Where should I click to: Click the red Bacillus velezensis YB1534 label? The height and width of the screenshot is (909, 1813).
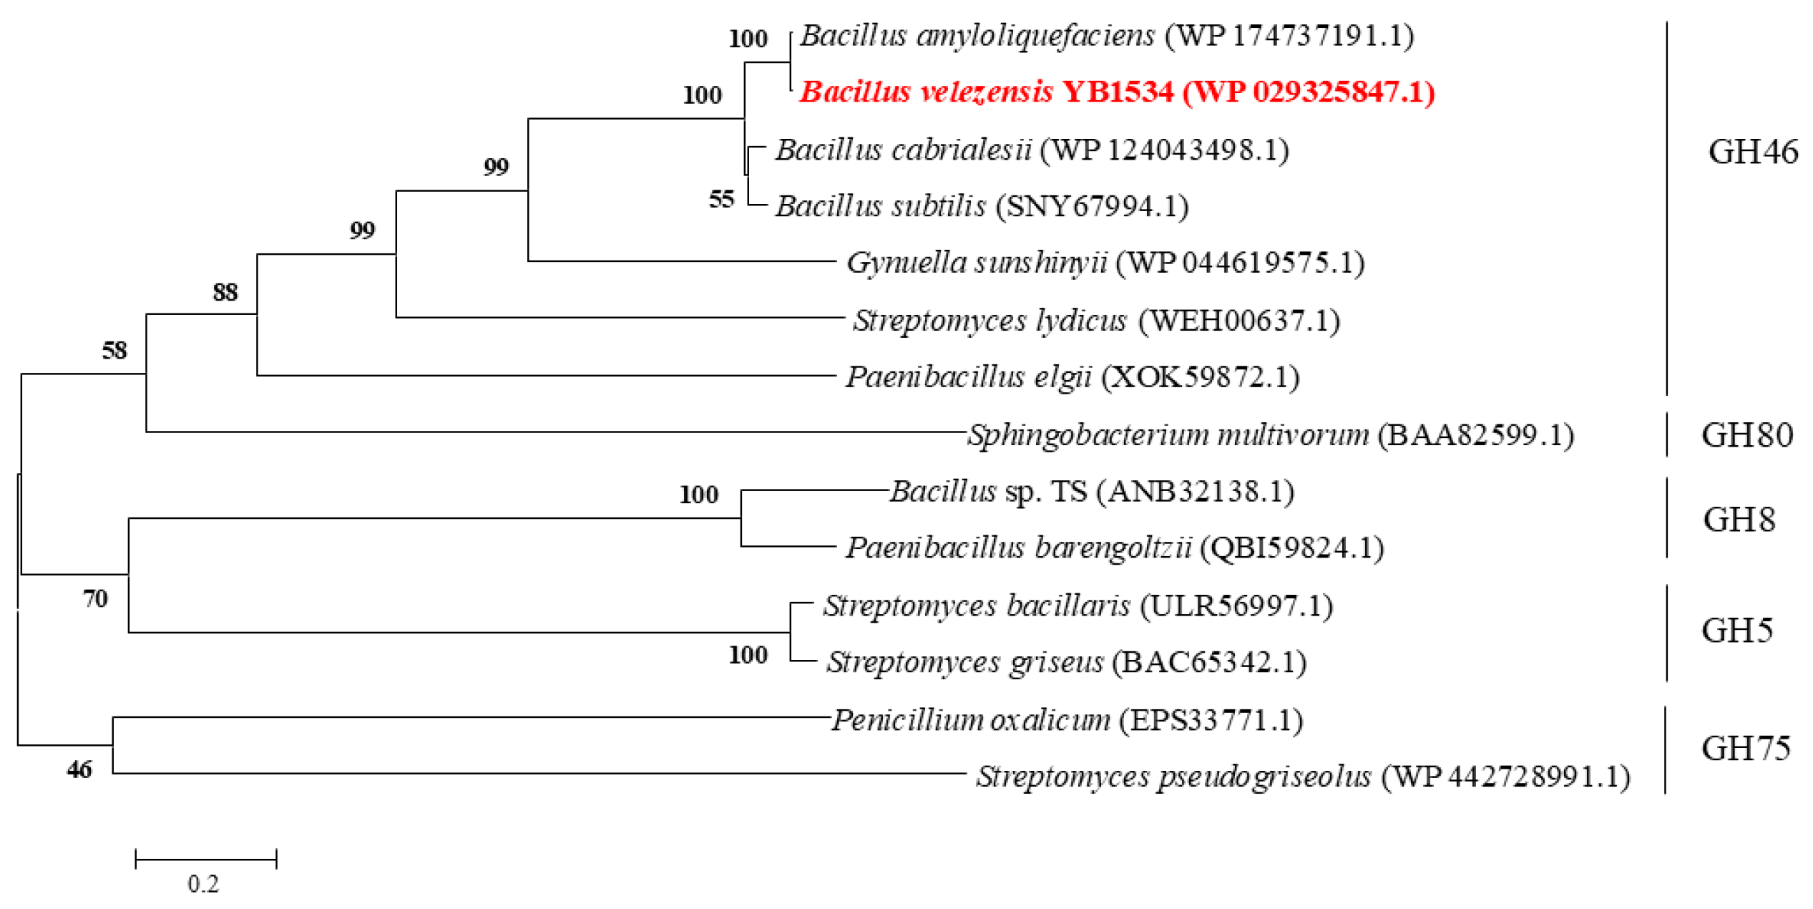1116,92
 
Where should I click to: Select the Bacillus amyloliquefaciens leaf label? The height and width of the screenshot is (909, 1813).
1106,36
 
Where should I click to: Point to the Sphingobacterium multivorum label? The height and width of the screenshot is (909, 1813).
1271,434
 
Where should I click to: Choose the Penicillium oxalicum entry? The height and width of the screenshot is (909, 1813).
1067,720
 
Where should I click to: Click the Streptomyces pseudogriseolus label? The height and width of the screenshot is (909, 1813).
1303,777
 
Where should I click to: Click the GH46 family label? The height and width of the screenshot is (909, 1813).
1752,152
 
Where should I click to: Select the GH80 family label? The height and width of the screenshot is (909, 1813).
1746,435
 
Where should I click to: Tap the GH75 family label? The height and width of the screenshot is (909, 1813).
1745,749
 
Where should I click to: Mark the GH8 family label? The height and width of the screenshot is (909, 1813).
1739,520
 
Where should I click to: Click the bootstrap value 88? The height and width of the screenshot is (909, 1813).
225,292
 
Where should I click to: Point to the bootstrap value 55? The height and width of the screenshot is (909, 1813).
721,199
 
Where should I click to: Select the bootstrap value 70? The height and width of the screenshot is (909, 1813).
95,598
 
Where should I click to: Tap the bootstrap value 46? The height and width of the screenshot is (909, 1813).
79,769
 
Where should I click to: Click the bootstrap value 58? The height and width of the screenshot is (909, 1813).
114,350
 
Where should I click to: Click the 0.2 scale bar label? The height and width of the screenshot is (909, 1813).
203,884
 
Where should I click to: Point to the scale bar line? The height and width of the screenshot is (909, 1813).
206,859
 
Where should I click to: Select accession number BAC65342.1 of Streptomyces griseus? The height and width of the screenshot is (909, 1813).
1209,663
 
